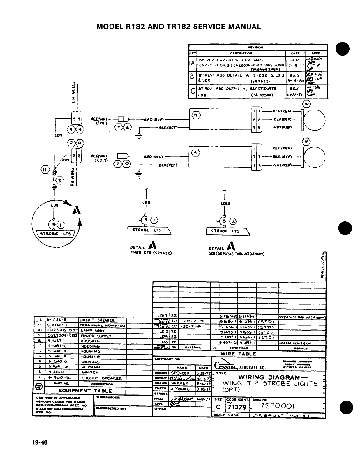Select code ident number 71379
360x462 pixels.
(x=236, y=407)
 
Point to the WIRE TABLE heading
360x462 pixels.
(x=238, y=354)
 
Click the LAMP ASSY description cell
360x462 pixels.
(x=90, y=330)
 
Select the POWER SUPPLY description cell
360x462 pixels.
(x=92, y=336)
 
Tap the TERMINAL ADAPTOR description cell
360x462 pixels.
(x=102, y=325)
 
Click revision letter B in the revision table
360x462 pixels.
(x=192, y=77)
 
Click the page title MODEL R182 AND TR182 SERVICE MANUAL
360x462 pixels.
(x=178, y=27)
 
